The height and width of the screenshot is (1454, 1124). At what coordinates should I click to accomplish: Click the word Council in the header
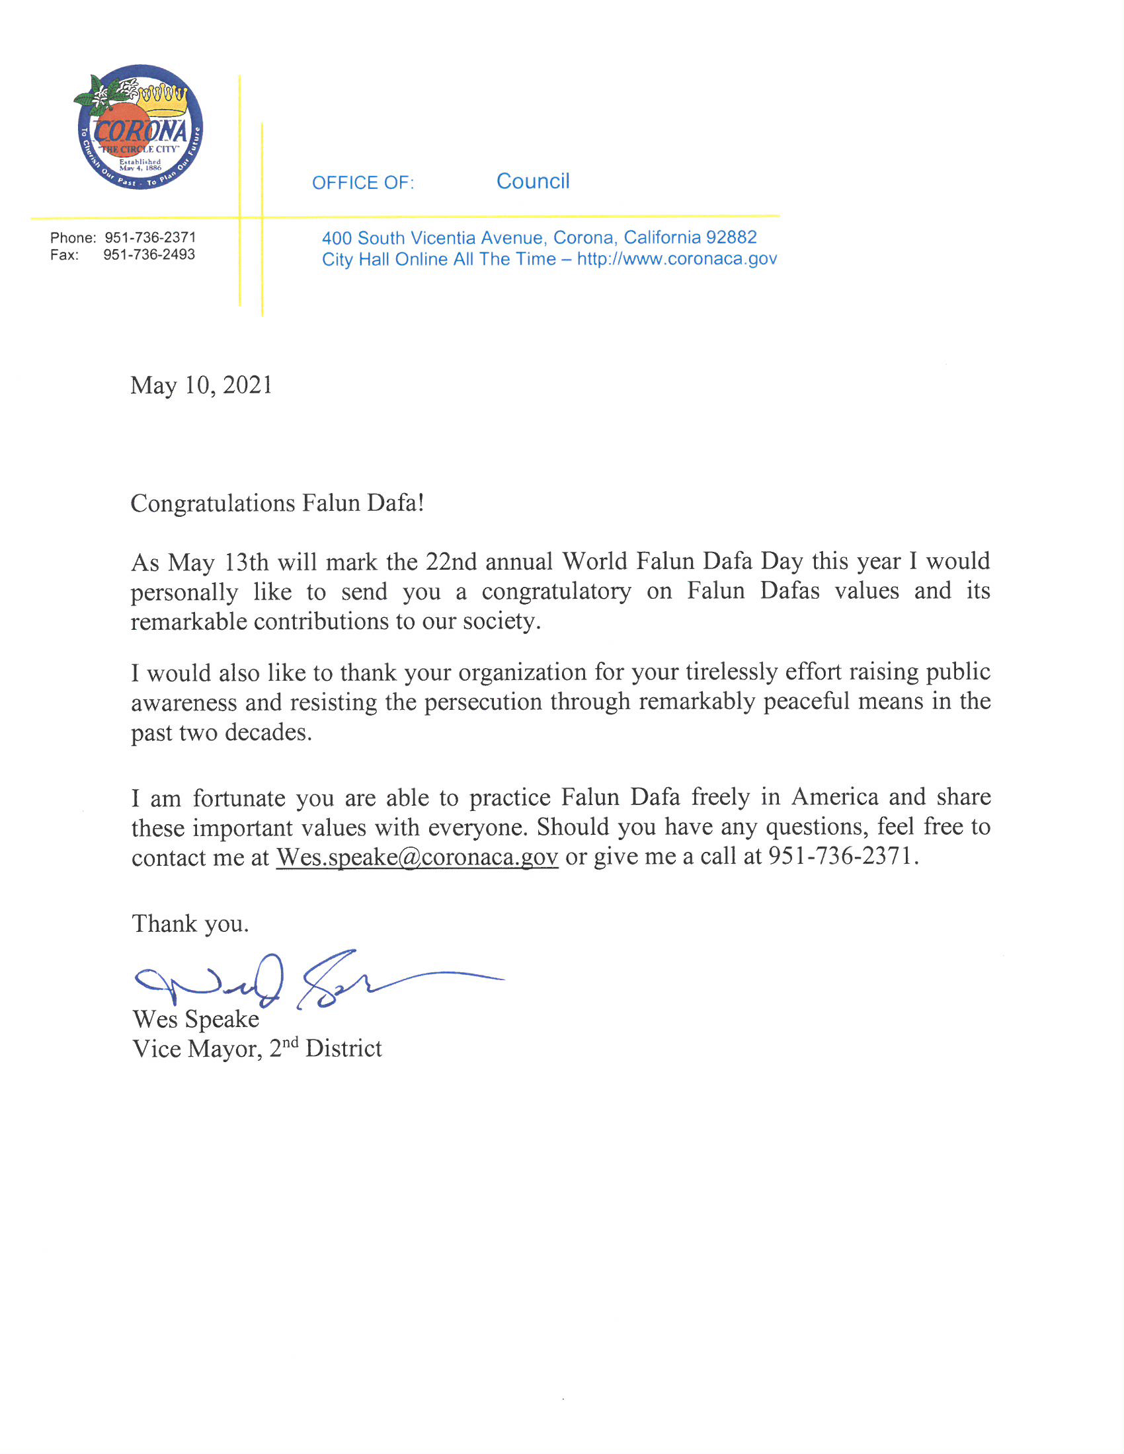533,181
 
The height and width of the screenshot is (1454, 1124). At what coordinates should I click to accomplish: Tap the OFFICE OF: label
363,183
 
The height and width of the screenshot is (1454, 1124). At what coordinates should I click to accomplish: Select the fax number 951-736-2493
149,255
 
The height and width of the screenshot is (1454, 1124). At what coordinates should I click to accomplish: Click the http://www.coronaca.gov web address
676,259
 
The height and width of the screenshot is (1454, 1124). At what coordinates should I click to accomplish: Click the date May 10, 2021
201,385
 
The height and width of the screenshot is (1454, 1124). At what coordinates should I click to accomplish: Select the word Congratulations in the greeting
212,504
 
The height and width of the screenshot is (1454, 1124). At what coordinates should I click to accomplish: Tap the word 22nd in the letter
452,562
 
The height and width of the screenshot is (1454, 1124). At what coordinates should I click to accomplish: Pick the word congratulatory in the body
556,592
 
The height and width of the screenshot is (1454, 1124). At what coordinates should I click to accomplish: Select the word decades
268,732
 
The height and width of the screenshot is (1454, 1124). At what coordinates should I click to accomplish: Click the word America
835,797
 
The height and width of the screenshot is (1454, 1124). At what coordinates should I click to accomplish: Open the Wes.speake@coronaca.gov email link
417,857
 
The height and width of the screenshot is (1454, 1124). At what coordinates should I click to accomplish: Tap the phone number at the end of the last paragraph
843,856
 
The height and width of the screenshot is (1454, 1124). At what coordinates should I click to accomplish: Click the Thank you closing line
190,924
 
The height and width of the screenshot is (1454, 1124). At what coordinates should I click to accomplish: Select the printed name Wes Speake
196,1019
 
